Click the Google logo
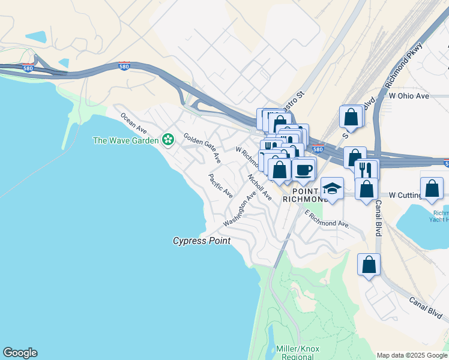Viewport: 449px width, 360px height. point(20,353)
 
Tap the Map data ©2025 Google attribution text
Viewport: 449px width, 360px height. point(412,355)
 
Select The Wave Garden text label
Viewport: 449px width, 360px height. point(125,140)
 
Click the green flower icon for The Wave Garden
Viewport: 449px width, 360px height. point(168,140)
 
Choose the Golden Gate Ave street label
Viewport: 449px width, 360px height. point(202,148)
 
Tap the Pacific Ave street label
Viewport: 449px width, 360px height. point(220,185)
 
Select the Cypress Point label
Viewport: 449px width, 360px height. point(202,241)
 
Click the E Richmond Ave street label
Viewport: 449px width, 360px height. point(327,219)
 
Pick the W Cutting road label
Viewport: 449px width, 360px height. point(406,195)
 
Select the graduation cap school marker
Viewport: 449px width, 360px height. point(332,188)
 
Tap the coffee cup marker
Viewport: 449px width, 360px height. point(304,170)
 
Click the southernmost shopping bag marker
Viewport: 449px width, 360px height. point(369,264)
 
